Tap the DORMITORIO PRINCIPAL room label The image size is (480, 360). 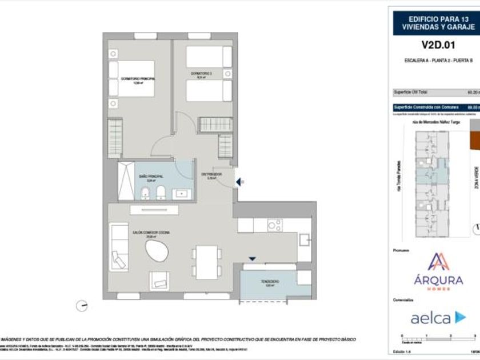(139, 79)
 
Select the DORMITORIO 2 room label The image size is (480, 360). (202, 74)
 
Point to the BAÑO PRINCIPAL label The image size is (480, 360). (150, 177)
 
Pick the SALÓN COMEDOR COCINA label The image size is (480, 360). (151, 233)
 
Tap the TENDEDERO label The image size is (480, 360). (270, 282)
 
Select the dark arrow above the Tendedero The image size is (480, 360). (252, 259)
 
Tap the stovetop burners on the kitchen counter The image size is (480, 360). (275, 225)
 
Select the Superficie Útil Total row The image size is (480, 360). (434, 92)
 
